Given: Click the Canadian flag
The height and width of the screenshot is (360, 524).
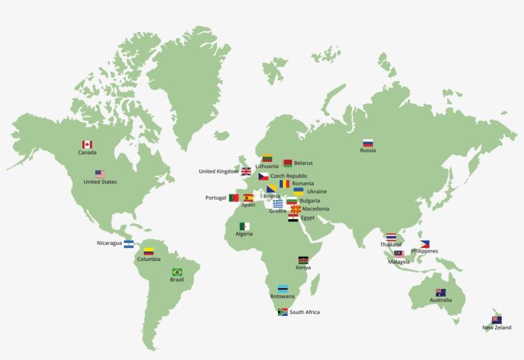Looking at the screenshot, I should tap(87, 145).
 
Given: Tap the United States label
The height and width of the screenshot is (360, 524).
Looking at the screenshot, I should tap(100, 182).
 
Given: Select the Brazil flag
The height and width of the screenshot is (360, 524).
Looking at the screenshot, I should tap(177, 272).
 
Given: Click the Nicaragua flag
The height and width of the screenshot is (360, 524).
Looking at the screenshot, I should tap(129, 244).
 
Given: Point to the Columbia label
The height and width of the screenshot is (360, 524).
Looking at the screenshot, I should tap(148, 259).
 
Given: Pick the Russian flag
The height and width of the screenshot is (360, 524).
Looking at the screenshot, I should tap(368, 143).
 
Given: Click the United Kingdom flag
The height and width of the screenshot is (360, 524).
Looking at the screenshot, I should tap(246, 171).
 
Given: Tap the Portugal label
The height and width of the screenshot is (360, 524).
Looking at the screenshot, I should tap(216, 198).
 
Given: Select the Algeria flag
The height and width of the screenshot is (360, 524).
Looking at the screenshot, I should tap(245, 226).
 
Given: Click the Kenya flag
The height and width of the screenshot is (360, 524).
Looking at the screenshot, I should tap(303, 260).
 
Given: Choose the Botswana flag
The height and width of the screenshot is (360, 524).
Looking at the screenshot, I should tap(282, 289).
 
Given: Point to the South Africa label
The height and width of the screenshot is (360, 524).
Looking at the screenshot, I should tap(304, 312).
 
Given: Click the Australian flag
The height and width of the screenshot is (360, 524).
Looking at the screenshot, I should tap(440, 292).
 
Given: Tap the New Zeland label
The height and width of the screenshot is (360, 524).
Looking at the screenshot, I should tap(497, 328).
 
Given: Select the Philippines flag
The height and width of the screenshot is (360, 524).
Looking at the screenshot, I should tap(425, 244).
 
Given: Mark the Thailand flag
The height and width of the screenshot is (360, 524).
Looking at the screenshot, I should tap(391, 237).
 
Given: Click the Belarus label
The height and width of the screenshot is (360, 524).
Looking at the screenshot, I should tap(304, 163).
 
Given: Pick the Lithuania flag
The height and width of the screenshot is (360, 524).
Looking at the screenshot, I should tap(267, 158).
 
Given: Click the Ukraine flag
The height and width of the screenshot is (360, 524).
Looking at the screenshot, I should tap(298, 191).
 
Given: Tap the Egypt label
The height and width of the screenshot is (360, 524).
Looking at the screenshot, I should tap(307, 218).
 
